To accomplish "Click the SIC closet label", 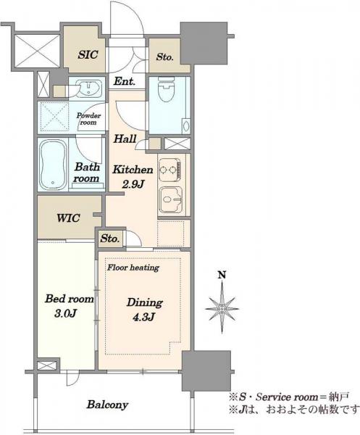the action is (x=88, y=54).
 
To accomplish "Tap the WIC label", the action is (x=68, y=218).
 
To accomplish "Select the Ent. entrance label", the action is (x=125, y=81).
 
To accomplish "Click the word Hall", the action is (x=125, y=138).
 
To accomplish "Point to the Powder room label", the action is (x=88, y=119).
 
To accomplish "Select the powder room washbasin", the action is (x=88, y=88).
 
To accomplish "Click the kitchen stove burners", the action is (x=169, y=169).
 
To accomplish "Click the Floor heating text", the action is (x=133, y=268).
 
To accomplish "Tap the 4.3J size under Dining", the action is (x=144, y=317).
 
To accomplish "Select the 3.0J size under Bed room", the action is (x=65, y=313).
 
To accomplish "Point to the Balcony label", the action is (x=107, y=405).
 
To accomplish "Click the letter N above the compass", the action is (x=222, y=275).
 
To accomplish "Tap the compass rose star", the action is (x=222, y=308).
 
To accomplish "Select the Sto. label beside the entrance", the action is (x=164, y=57).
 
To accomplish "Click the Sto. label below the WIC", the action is (x=110, y=239).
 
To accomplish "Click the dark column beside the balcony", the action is (x=206, y=370).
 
